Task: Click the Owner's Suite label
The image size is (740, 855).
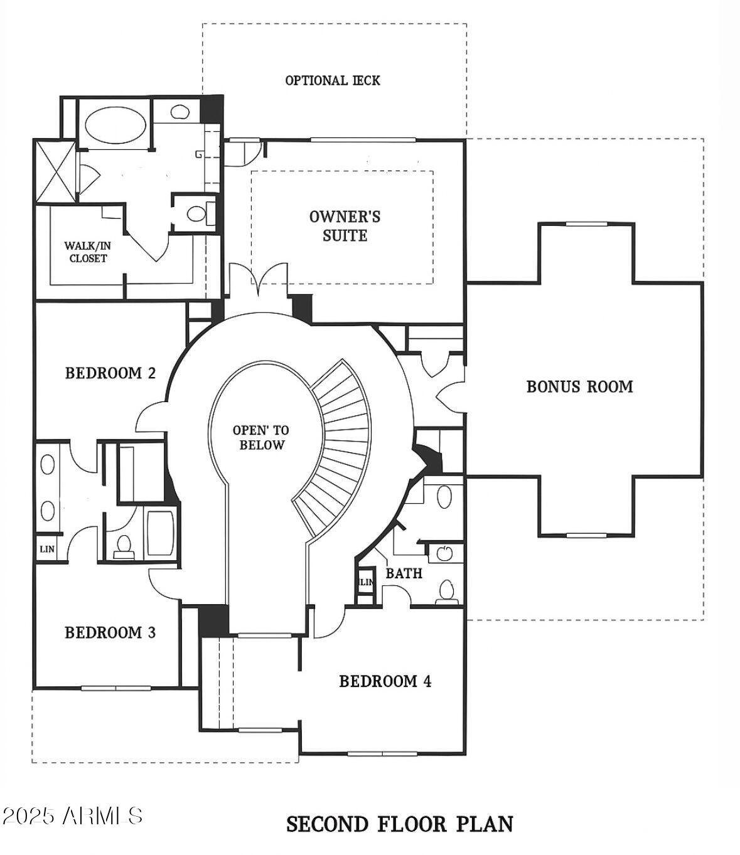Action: click(x=345, y=226)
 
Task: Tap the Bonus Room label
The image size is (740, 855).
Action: click(x=579, y=387)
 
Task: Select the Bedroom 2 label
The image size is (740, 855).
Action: click(x=110, y=373)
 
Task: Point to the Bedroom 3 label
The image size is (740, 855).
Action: click(x=110, y=632)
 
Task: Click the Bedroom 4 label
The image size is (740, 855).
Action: click(x=385, y=681)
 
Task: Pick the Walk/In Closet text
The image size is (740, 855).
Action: click(x=88, y=252)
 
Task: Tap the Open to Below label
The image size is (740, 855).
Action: click(x=261, y=438)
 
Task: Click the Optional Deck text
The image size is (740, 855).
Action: click(x=332, y=80)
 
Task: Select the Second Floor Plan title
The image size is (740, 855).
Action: click(x=400, y=824)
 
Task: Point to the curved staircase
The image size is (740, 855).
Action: click(x=336, y=449)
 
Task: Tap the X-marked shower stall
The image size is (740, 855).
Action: click(x=55, y=172)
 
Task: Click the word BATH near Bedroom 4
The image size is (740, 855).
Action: click(x=404, y=573)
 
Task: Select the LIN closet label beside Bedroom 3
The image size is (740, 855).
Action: click(x=47, y=550)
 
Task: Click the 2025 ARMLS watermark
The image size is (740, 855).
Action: click(x=72, y=815)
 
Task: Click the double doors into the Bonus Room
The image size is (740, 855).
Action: click(x=450, y=397)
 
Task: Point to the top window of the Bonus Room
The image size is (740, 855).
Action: click(x=586, y=224)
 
